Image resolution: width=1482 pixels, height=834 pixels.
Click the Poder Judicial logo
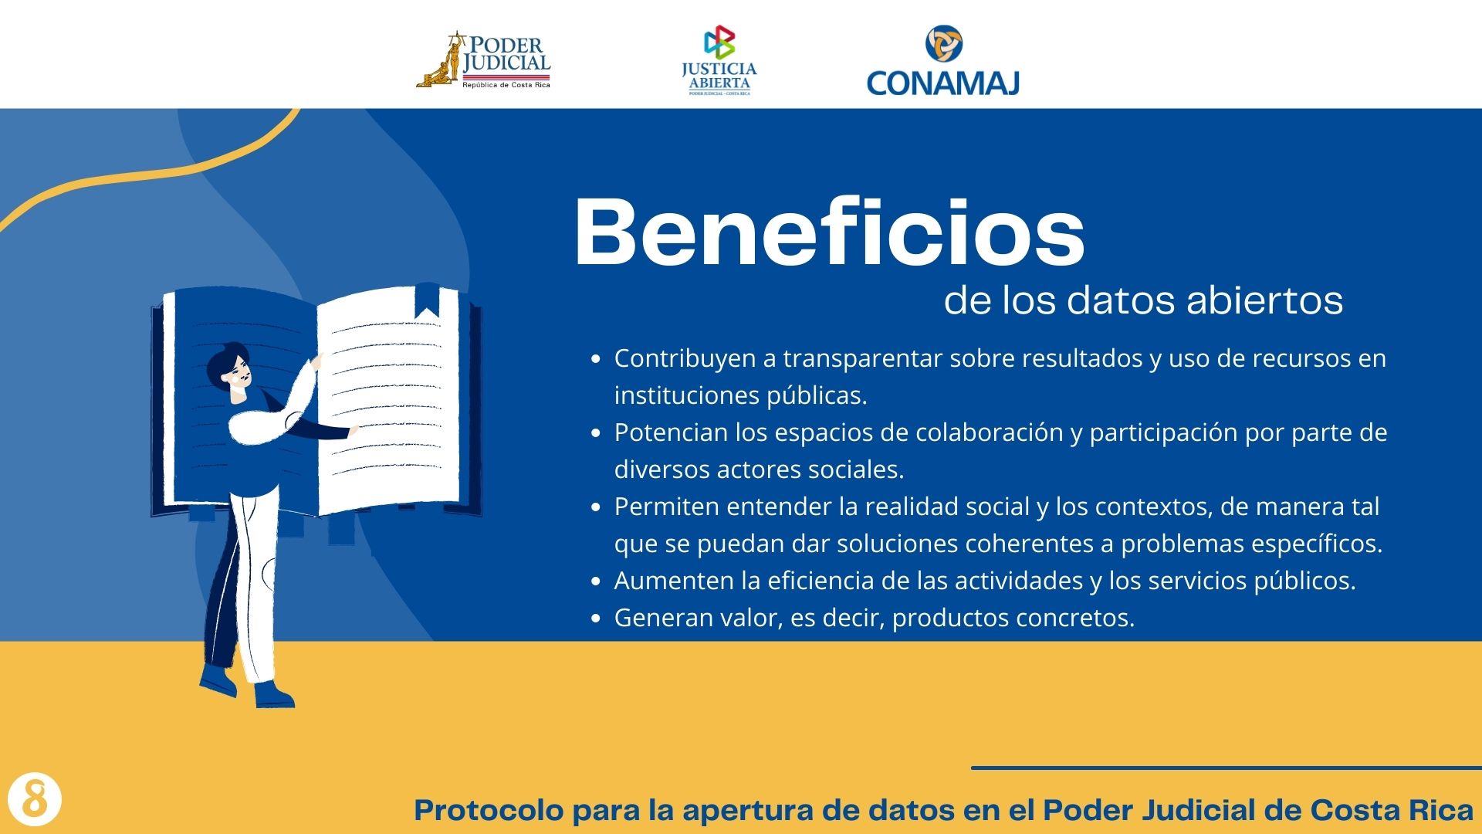pos(484,60)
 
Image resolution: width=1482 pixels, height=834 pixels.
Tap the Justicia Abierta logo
pos(719,60)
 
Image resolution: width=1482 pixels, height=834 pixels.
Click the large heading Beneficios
pos(830,232)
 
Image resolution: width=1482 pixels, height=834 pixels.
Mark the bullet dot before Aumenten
pos(595,581)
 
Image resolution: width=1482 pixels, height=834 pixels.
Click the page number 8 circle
pos(34,798)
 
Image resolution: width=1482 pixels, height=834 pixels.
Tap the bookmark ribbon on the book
pos(427,300)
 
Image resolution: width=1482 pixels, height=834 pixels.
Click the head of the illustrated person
pos(229,369)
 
